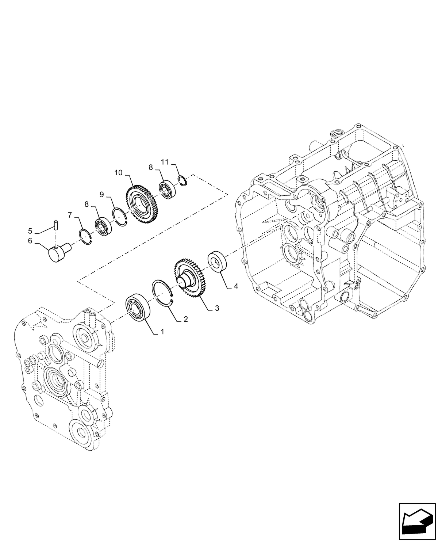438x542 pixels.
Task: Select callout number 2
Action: (x=186, y=319)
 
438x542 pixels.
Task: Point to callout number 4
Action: (x=236, y=286)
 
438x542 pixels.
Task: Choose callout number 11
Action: (x=165, y=162)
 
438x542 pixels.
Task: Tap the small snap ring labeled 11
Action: (x=182, y=180)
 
